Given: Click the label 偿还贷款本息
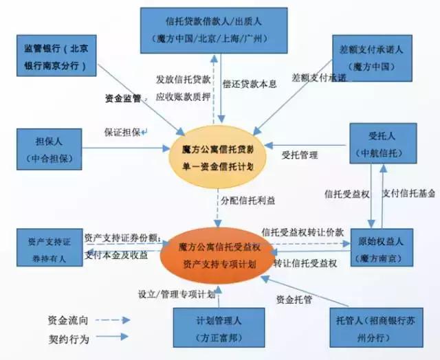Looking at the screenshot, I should (x=250, y=84).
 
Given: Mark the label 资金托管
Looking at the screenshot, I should (x=295, y=300).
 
